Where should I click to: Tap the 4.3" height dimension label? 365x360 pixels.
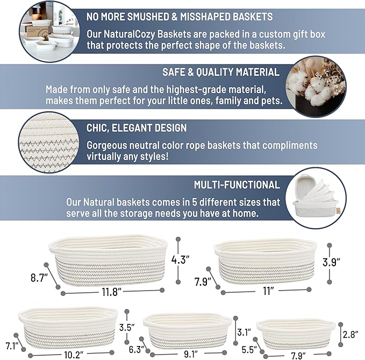point(181,259)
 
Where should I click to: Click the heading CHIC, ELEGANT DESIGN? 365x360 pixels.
point(137,128)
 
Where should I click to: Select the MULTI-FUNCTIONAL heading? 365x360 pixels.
point(237,185)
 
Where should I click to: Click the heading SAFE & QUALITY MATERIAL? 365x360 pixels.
point(220,72)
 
